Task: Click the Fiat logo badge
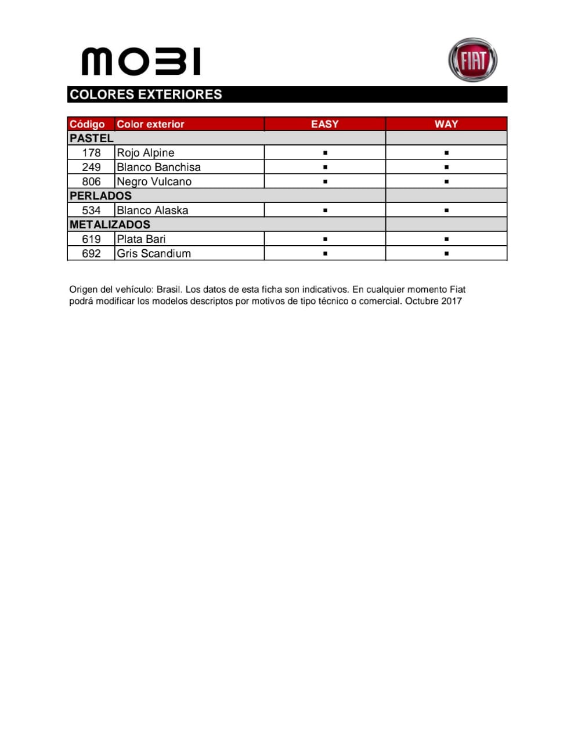pos(472,60)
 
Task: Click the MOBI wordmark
pos(141,61)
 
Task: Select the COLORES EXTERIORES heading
pos(146,94)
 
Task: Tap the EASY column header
pos(324,124)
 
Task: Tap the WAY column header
pos(446,124)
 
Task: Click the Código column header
pos(87,124)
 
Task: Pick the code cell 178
pos(91,152)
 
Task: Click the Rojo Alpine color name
pos(145,152)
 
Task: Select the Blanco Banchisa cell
pos(158,167)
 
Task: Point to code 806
pos(91,181)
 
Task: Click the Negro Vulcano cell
pos(154,181)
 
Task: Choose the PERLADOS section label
pos(100,196)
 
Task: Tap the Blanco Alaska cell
pos(152,210)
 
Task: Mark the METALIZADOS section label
pos(110,224)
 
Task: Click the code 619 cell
pos(91,239)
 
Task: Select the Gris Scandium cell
pos(153,253)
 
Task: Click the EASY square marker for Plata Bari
pos(325,239)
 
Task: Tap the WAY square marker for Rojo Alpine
pos(446,153)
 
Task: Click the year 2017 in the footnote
pos(451,301)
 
